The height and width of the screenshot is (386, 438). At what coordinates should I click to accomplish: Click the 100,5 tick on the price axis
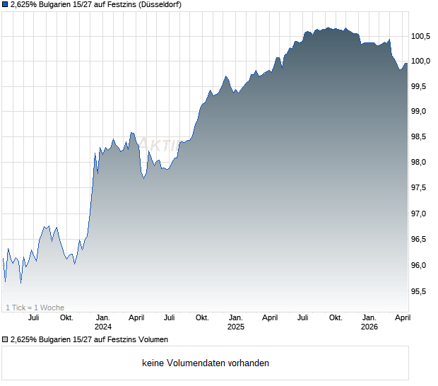click(422, 36)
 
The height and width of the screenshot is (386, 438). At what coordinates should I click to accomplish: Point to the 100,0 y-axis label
click(422, 62)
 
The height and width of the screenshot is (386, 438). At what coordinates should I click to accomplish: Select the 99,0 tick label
click(421, 112)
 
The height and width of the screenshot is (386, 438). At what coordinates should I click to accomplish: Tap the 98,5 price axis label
click(421, 137)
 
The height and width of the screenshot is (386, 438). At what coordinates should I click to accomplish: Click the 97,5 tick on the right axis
click(421, 188)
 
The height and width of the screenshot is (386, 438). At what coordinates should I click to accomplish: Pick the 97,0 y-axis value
click(421, 214)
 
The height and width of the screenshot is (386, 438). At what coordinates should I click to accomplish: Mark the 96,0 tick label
click(421, 265)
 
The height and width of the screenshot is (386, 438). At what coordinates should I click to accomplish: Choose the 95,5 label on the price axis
click(421, 291)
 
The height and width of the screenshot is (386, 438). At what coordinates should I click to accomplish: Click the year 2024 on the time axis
click(103, 327)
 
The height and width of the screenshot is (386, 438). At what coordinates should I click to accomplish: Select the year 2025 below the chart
click(236, 327)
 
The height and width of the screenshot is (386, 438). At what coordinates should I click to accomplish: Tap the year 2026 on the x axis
click(369, 327)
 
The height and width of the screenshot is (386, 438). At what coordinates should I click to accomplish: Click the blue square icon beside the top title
click(5, 5)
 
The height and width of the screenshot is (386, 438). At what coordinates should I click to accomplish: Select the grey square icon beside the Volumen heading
click(5, 339)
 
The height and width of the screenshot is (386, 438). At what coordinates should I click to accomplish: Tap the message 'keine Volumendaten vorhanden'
click(206, 363)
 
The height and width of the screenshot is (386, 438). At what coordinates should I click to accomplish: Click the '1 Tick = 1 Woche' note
click(35, 308)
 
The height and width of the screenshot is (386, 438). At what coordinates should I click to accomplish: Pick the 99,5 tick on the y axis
click(421, 86)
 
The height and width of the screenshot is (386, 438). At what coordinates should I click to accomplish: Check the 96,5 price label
click(421, 240)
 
